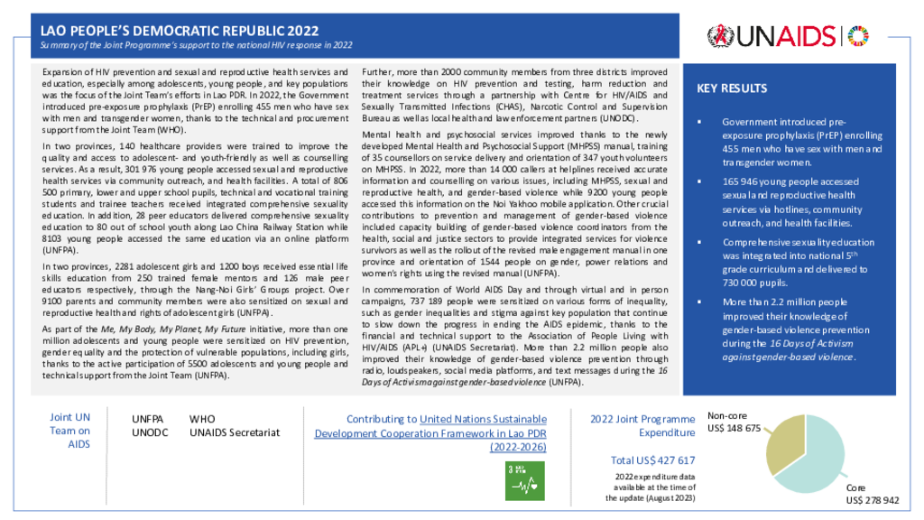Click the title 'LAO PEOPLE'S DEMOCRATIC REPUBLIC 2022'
coord(180,31)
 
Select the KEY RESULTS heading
coord(732,88)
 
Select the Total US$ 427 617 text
coord(652,460)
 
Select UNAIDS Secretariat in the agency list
coord(235,432)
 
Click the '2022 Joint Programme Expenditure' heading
coord(642,426)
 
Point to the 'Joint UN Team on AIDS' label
coord(69,431)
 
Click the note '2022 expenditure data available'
coord(651,487)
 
